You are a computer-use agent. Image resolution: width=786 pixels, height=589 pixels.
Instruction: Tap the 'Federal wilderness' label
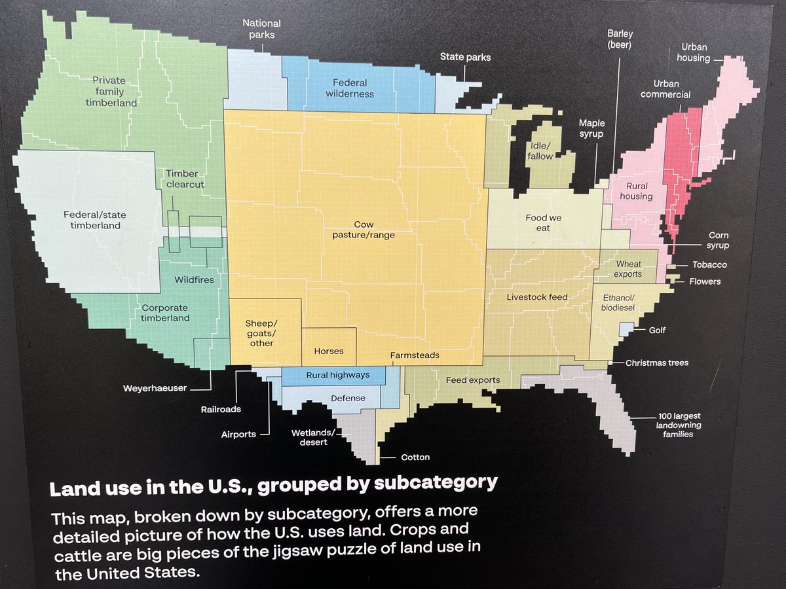click(x=350, y=88)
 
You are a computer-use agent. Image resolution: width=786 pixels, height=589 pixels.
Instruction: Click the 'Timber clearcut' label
click(x=185, y=179)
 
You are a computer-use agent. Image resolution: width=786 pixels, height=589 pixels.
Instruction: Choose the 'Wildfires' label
click(x=194, y=279)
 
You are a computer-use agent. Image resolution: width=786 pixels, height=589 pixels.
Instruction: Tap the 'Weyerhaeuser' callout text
click(x=155, y=388)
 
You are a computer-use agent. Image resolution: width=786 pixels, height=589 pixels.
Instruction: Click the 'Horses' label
click(x=329, y=351)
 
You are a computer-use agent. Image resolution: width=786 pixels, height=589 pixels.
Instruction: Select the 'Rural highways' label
click(x=337, y=375)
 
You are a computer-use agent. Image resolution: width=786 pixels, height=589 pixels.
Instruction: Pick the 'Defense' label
click(x=348, y=398)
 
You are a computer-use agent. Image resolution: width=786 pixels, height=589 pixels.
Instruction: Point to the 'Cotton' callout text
click(x=415, y=457)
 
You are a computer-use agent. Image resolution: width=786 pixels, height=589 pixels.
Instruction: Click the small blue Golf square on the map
click(x=626, y=329)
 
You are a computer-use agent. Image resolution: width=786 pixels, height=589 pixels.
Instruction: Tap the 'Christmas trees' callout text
click(x=657, y=363)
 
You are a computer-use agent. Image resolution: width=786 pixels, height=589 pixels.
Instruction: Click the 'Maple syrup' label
click(x=591, y=128)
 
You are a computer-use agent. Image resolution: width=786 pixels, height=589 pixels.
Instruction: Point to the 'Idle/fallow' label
click(x=540, y=151)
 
